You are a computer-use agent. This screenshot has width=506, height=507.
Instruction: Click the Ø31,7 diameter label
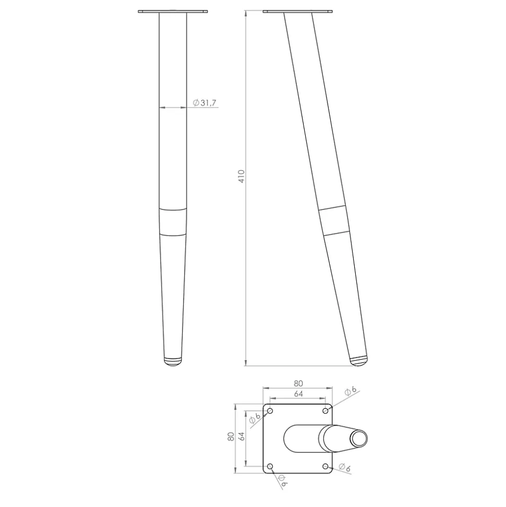click(204, 103)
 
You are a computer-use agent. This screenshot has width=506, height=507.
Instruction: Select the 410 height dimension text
click(242, 176)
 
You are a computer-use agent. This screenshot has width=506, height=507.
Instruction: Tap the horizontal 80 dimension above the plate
click(298, 383)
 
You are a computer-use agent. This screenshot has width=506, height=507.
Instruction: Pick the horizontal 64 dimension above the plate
click(298, 394)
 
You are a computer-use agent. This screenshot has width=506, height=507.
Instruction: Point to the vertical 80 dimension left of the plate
click(231, 437)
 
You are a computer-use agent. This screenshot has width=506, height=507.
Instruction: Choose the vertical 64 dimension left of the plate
click(242, 436)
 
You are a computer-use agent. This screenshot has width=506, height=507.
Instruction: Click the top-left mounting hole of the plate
click(270, 411)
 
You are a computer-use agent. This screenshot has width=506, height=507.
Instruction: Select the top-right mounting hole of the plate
click(326, 411)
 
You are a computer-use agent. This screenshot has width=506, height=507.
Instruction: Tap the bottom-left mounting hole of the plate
click(270, 467)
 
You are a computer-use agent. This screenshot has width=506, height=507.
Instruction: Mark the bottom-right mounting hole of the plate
click(326, 467)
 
